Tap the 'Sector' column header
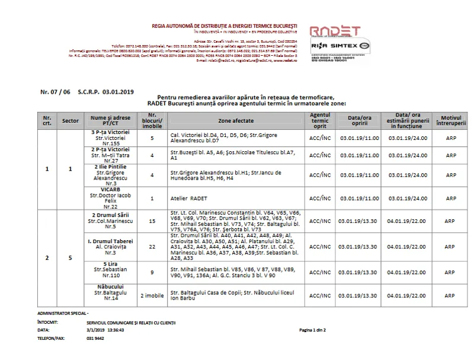[71, 120]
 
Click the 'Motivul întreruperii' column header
[451, 120]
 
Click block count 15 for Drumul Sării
[152, 221]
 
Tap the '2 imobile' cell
[152, 295]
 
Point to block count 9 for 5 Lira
[152, 272]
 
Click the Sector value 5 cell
[71, 258]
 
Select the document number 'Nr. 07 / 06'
[55, 92]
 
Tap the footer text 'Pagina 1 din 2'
[313, 330]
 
